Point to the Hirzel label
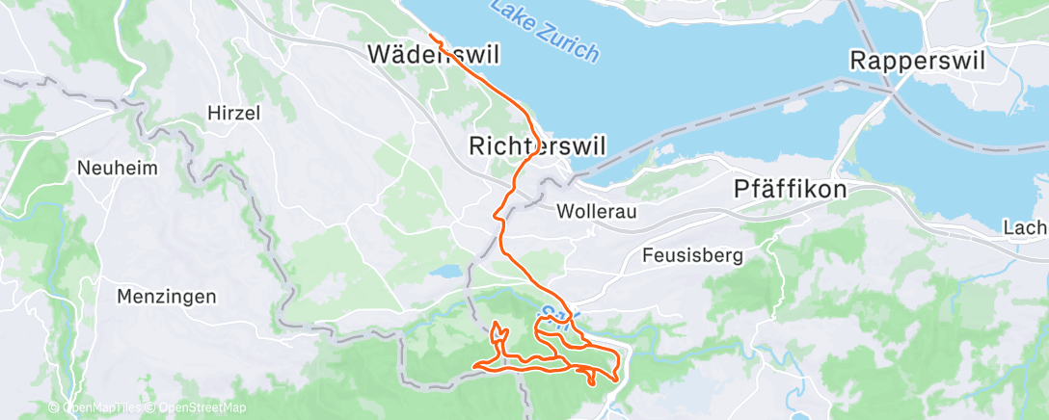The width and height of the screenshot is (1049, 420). [x=234, y=113]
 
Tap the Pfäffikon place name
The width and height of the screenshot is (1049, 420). [x=791, y=189]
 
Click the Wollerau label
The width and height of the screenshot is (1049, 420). [x=597, y=211]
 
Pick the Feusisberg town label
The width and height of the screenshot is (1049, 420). [x=692, y=255]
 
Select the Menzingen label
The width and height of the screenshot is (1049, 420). [x=166, y=296]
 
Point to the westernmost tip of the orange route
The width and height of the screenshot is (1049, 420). [x=475, y=365]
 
